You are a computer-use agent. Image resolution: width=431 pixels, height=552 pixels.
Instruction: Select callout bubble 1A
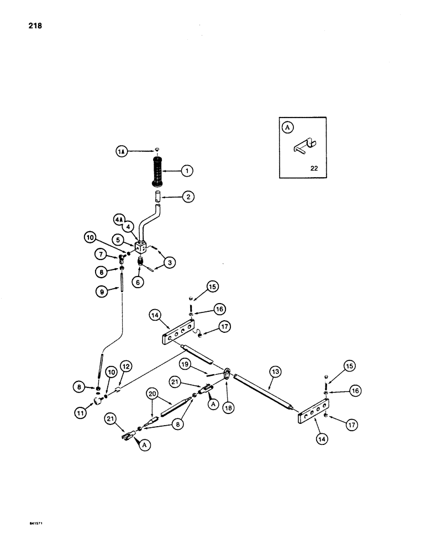point(122,150)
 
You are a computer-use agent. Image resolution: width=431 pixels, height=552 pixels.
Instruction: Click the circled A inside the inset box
point(287,127)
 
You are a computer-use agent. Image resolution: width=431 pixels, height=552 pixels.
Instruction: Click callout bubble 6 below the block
point(138,282)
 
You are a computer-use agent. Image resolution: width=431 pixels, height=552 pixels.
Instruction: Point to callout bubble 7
point(100,254)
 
